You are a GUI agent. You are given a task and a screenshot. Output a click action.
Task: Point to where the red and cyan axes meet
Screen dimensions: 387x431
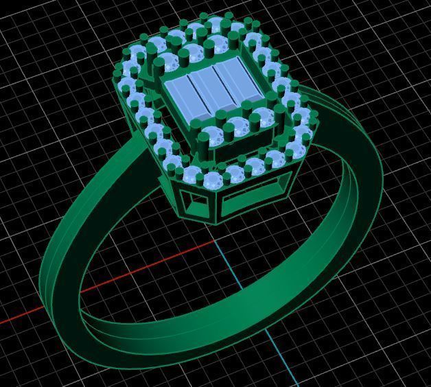click(218, 242)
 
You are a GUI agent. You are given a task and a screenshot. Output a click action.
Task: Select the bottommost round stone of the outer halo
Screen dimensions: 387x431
click(212, 180)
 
